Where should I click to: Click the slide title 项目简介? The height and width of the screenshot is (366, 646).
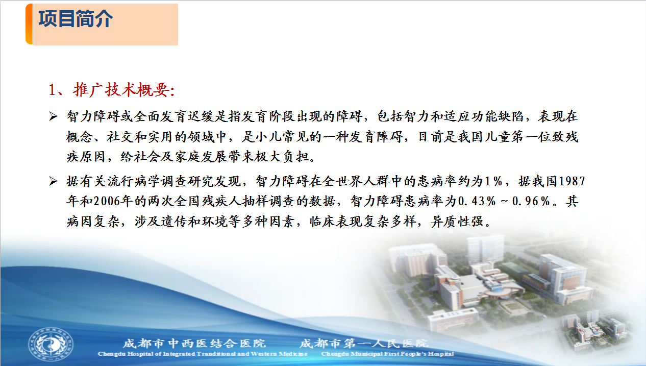click(76, 19)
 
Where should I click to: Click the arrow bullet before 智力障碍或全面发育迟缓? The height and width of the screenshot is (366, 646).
click(53, 116)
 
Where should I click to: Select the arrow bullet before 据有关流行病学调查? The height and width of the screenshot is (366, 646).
click(53, 181)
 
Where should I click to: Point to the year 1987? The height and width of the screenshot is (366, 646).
click(572, 181)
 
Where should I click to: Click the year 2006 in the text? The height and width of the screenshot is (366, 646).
click(107, 201)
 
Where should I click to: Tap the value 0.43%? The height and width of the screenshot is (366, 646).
click(477, 201)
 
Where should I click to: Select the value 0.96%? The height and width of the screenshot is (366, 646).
click(531, 201)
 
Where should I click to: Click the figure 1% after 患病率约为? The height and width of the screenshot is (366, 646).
click(493, 181)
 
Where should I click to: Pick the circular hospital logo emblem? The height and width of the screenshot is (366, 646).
click(51, 344)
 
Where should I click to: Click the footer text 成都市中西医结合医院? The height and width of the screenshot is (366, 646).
click(194, 343)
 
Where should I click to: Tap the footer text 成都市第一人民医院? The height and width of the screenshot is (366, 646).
click(364, 343)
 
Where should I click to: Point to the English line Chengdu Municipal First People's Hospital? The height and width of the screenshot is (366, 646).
click(388, 354)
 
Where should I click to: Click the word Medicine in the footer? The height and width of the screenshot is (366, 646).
click(293, 354)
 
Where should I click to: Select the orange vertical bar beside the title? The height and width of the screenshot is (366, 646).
click(29, 24)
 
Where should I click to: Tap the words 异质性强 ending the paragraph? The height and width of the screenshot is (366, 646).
click(457, 222)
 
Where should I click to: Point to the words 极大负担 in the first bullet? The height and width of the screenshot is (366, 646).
click(282, 157)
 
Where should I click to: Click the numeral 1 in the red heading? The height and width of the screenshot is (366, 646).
click(52, 90)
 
